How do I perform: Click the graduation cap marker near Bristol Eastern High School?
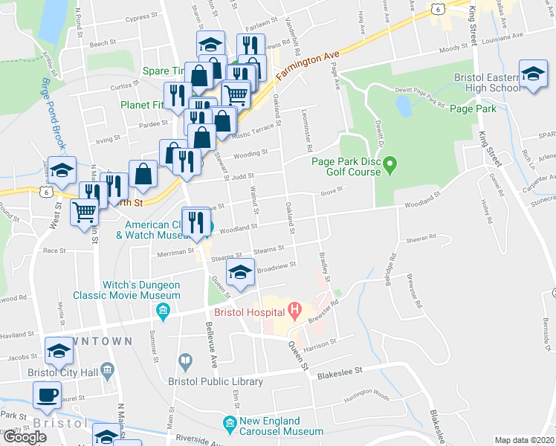tap(532, 74)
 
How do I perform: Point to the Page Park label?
tap(473, 109)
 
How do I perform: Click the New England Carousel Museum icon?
tap(230, 425)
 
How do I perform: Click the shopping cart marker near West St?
tap(84, 211)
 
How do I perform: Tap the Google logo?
tap(25, 437)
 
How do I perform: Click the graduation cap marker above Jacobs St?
tap(59, 349)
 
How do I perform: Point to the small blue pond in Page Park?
tap(404, 107)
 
